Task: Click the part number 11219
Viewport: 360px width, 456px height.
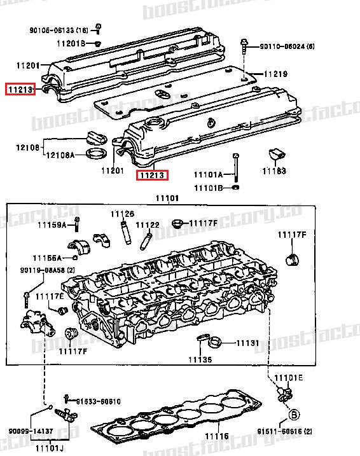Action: pyautogui.click(x=276, y=73)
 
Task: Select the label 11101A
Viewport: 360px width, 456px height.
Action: pyautogui.click(x=209, y=174)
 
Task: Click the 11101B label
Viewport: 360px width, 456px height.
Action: pyautogui.click(x=209, y=188)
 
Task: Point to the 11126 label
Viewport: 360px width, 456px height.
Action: pyautogui.click(x=122, y=213)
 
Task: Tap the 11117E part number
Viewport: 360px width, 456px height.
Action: pyautogui.click(x=49, y=296)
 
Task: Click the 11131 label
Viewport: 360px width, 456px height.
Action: pyautogui.click(x=247, y=343)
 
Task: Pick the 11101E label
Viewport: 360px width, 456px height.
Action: pyautogui.click(x=289, y=378)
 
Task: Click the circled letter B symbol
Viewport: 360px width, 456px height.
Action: pyautogui.click(x=294, y=415)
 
